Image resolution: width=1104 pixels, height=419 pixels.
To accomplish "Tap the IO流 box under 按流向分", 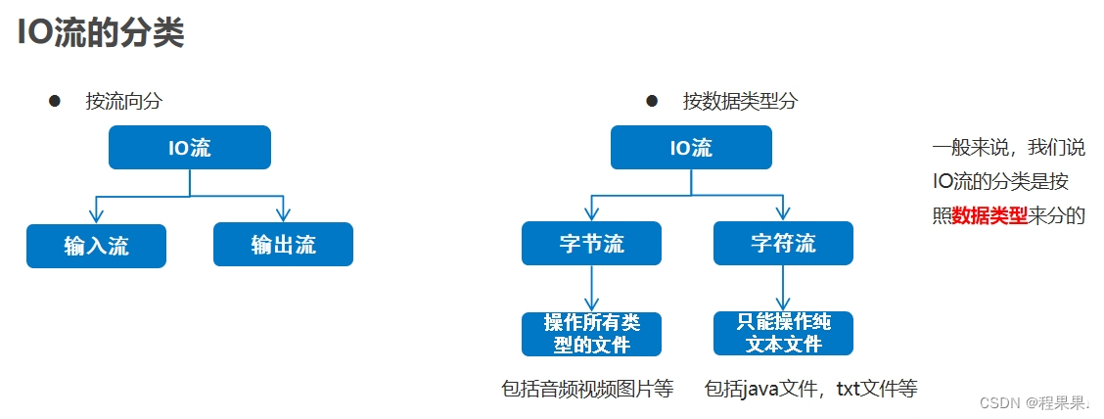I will click(x=189, y=148).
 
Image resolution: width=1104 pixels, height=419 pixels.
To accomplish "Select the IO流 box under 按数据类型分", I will click(x=691, y=148).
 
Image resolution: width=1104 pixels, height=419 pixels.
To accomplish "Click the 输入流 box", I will click(x=96, y=245).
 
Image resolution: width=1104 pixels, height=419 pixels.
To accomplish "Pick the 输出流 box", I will click(x=283, y=245).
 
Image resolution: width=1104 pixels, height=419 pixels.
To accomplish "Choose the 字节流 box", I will click(x=591, y=243).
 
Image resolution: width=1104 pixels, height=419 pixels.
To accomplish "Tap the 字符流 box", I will click(x=783, y=243).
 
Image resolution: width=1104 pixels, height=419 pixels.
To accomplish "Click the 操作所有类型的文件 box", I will click(x=591, y=334).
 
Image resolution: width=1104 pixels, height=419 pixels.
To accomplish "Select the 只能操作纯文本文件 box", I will click(x=783, y=334).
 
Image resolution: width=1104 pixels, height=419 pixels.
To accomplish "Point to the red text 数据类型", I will click(x=989, y=215).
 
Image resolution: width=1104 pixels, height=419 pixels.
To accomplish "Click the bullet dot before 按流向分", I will click(x=55, y=101).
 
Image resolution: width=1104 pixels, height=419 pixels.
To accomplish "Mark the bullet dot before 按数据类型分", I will click(x=652, y=101).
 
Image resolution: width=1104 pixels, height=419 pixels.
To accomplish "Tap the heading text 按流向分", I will click(x=123, y=101).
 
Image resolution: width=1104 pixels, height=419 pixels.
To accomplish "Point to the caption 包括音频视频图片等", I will click(x=587, y=389).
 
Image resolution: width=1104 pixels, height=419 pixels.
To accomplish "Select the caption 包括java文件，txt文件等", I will click(x=810, y=389).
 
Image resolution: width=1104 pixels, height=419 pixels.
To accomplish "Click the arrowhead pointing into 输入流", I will click(x=95, y=214).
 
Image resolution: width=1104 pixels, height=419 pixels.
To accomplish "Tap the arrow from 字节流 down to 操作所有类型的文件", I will click(x=591, y=289).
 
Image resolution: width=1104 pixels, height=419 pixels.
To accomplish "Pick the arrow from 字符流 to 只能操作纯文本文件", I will click(x=783, y=289).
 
